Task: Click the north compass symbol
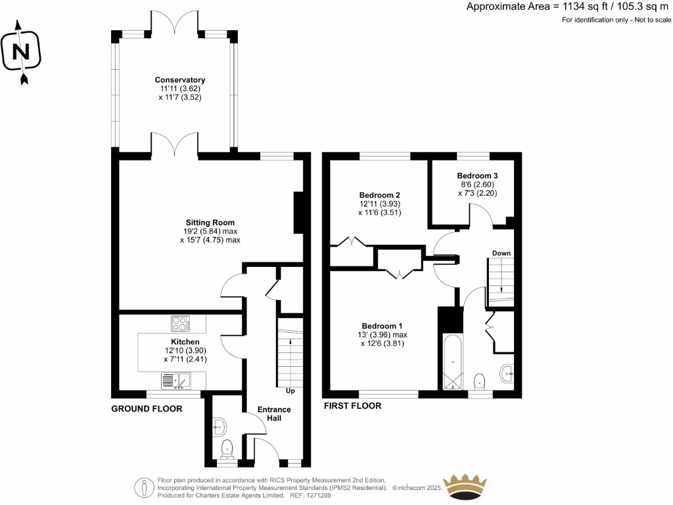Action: (x=22, y=52)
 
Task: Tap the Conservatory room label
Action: (x=175, y=88)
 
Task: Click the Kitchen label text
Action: (x=185, y=350)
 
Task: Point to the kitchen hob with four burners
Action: (x=180, y=324)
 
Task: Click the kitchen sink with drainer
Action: (x=175, y=380)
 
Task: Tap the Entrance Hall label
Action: (x=274, y=414)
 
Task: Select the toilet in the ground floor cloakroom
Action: (x=227, y=448)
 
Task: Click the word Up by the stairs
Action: (x=289, y=391)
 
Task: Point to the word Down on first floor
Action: (x=501, y=253)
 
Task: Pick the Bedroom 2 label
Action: (x=379, y=204)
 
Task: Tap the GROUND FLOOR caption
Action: (x=146, y=408)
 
